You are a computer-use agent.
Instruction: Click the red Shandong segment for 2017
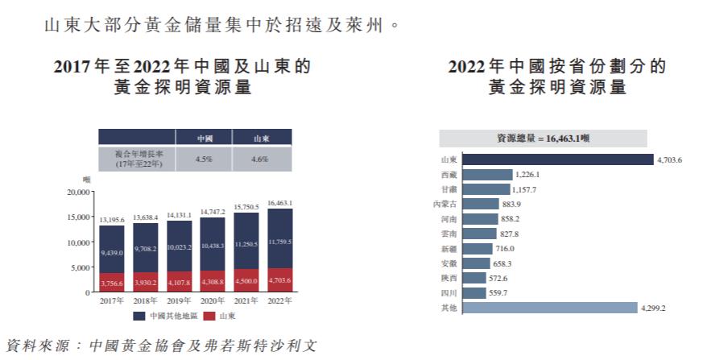[112, 282]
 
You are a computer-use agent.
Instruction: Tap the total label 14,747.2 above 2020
[213, 211]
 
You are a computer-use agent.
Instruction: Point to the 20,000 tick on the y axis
[79, 192]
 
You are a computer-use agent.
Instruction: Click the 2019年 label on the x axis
[180, 300]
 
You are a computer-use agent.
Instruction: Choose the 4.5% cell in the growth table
[205, 159]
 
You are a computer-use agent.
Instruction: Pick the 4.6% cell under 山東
[262, 159]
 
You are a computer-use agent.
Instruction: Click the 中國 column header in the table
[205, 139]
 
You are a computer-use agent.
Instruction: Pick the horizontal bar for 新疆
[490, 248]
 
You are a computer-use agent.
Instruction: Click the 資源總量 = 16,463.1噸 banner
[543, 139]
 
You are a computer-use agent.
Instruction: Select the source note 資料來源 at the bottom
[161, 346]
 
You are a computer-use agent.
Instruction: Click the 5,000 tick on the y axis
[81, 267]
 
